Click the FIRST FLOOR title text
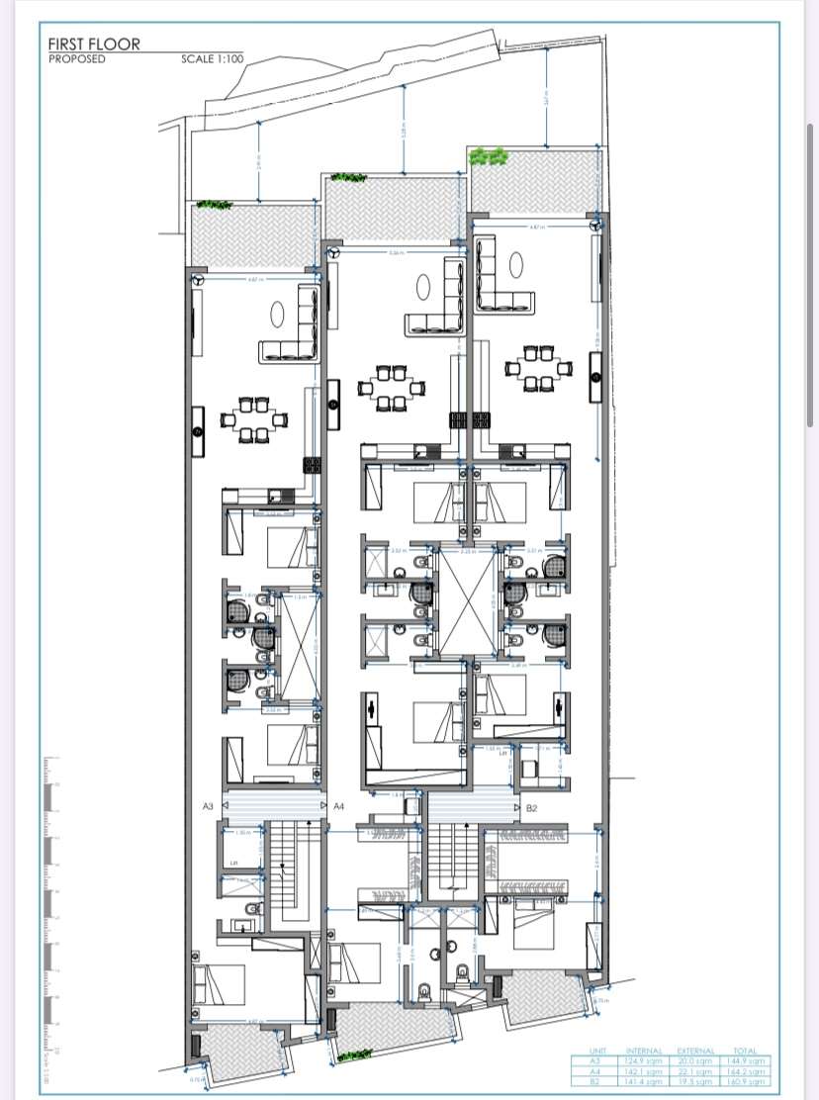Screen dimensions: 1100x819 click(x=95, y=44)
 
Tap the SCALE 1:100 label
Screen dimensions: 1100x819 click(x=212, y=58)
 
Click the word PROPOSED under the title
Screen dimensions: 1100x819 click(x=77, y=58)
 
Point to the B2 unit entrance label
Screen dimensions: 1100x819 click(x=531, y=808)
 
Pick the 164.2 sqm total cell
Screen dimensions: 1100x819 click(x=749, y=1071)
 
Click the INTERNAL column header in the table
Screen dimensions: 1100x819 click(x=644, y=1051)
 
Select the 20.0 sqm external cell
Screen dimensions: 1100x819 click(x=695, y=1061)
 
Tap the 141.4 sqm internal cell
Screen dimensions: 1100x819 click(x=644, y=1082)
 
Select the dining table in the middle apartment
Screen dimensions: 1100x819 click(x=387, y=387)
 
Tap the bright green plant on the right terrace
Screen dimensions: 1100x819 click(x=489, y=156)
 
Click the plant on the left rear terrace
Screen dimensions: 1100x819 click(x=214, y=205)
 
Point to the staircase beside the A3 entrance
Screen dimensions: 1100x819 click(x=286, y=871)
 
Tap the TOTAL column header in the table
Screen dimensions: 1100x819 click(x=749, y=1051)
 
